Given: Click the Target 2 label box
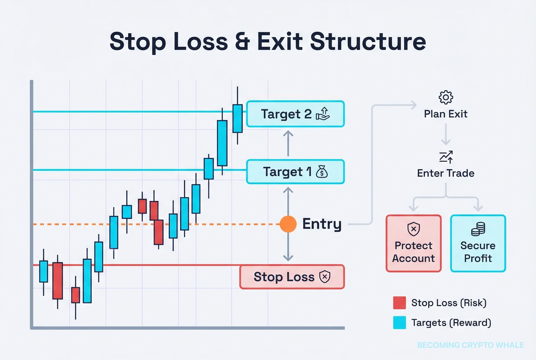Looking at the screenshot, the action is [295, 114].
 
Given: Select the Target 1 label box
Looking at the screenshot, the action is [295, 172].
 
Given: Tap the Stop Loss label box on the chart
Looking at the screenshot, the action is [292, 277].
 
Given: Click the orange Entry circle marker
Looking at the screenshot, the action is [288, 224].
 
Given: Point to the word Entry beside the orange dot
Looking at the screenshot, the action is [322, 224].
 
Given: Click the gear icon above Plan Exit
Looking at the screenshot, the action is [446, 97].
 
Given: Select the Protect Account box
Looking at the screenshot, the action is [413, 243].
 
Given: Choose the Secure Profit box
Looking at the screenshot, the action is [478, 243].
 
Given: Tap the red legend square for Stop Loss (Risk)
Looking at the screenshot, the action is [399, 303].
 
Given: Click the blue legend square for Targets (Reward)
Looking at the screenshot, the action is [399, 322].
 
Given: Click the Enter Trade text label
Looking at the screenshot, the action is [446, 173].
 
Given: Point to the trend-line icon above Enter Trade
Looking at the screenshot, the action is [446, 157].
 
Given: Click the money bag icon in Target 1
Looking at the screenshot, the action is [322, 171].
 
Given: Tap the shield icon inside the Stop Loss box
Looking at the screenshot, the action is [325, 277].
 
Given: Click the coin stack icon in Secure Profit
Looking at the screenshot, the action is [478, 229].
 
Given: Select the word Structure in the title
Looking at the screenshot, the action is [368, 41].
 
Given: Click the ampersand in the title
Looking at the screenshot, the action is [242, 41].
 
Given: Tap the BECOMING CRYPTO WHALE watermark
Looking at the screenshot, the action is [470, 345].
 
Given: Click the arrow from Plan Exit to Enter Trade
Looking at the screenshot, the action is [446, 134].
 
